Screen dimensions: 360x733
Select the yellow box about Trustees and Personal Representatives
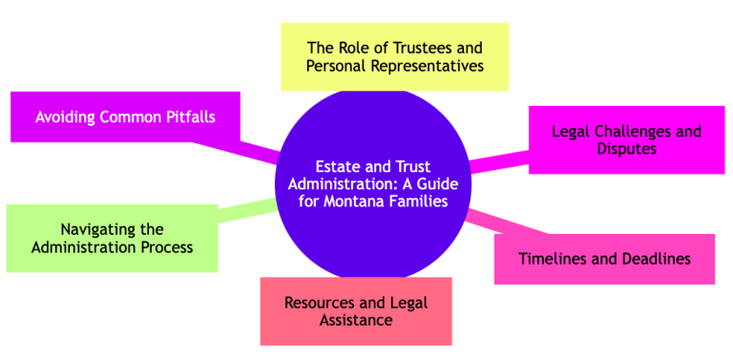[394, 56]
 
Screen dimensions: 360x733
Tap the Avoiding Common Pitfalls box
[124, 117]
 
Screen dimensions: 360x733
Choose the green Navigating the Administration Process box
[112, 238]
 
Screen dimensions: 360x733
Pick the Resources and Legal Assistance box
[355, 311]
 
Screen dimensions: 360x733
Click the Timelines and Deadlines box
[603, 259]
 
